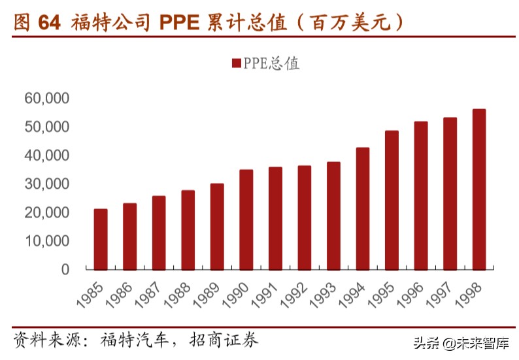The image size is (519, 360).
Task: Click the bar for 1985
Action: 101,239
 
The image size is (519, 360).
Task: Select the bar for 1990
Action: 246,220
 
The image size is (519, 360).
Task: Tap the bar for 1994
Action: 362,208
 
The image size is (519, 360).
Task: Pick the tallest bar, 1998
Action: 479,189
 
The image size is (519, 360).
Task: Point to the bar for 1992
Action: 304,218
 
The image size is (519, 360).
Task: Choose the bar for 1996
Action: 421,195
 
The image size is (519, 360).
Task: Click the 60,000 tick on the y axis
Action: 46,99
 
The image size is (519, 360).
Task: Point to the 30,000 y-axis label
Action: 46,184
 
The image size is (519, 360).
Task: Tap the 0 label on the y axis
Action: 65,269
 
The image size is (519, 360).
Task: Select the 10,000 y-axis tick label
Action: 46,241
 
